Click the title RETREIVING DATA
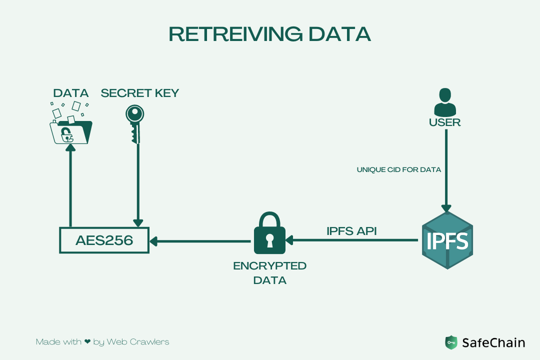click(270, 33)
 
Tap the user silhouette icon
click(444, 102)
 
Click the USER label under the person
click(444, 122)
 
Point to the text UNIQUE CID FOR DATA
click(399, 170)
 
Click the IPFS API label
click(351, 231)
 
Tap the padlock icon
click(269, 233)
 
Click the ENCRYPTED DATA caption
click(270, 273)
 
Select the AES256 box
click(104, 240)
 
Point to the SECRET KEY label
click(140, 93)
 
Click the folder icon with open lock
click(71, 131)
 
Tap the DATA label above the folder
click(71, 93)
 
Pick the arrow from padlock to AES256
click(200, 241)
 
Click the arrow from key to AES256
click(137, 185)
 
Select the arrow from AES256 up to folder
click(70, 185)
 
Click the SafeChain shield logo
click(451, 342)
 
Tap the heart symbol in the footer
click(87, 342)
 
